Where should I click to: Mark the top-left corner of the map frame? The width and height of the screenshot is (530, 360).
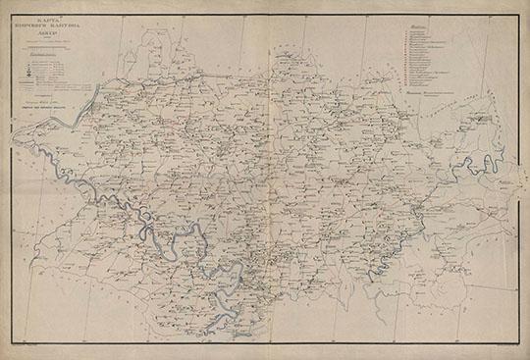tap(9, 8)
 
